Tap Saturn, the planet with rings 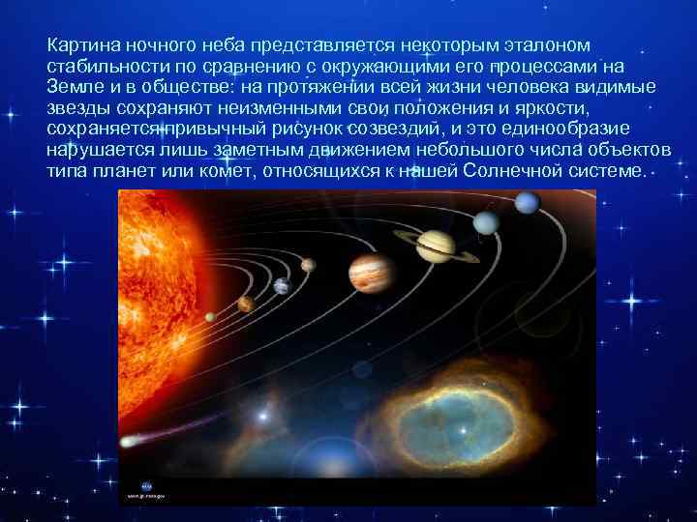[441, 246]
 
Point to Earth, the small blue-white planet [282, 286]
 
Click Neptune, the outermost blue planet [527, 203]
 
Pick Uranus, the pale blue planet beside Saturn [486, 223]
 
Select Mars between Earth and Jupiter [308, 265]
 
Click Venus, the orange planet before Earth [246, 304]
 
